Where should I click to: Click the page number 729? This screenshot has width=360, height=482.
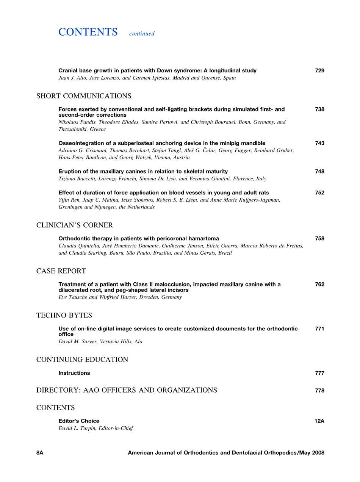(319, 70)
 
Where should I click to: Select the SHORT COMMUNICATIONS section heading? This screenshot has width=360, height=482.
(84, 96)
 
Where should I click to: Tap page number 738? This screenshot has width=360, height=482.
(319, 109)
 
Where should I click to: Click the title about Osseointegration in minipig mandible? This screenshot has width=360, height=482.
(162, 143)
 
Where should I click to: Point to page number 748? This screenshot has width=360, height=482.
(319, 171)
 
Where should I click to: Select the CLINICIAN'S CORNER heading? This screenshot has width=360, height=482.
(75, 225)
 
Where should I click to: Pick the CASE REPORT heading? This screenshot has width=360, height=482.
(61, 271)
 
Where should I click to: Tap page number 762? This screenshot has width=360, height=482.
(319, 284)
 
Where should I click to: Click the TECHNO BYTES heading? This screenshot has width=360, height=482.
(64, 315)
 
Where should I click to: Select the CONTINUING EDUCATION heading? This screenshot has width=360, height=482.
(82, 360)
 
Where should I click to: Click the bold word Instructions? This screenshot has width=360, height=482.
(74, 373)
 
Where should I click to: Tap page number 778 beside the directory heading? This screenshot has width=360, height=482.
(319, 390)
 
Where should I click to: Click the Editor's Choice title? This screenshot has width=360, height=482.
(79, 421)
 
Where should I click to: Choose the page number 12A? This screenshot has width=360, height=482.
(319, 421)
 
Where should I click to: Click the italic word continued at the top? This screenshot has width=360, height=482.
(142, 33)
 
